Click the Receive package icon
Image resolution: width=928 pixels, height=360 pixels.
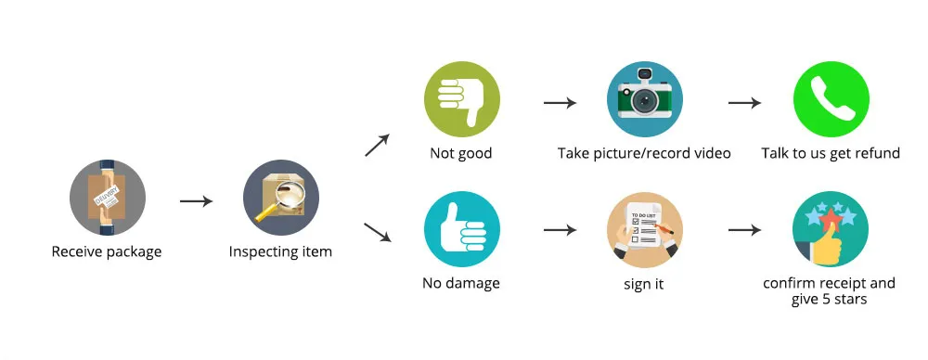tap(107, 198)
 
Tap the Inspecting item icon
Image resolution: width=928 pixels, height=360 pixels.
tap(281, 198)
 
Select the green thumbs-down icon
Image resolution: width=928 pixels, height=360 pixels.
tap(462, 99)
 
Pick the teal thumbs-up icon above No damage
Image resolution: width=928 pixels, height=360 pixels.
tap(462, 229)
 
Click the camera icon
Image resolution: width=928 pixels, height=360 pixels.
tap(645, 98)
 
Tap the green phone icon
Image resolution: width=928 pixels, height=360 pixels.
tap(831, 99)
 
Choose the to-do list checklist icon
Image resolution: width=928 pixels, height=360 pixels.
tap(645, 229)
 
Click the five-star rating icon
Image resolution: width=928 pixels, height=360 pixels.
tap(831, 229)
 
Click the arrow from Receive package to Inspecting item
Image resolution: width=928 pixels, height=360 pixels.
tap(197, 201)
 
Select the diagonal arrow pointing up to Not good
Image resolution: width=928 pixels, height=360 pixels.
tap(377, 145)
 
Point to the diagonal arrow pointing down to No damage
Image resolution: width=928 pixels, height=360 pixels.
tap(378, 232)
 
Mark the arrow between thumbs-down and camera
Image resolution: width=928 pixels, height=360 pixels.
tap(560, 103)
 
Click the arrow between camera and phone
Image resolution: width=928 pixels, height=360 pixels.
tap(744, 103)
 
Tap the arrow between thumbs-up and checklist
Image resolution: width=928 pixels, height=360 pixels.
tap(560, 230)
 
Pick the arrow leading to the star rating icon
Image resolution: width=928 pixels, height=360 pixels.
tap(744, 230)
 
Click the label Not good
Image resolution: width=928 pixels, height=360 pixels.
tap(461, 153)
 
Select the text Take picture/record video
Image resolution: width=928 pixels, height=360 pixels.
tap(644, 154)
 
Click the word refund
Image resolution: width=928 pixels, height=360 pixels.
tap(879, 153)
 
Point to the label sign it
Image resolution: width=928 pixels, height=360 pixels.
tap(644, 284)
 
